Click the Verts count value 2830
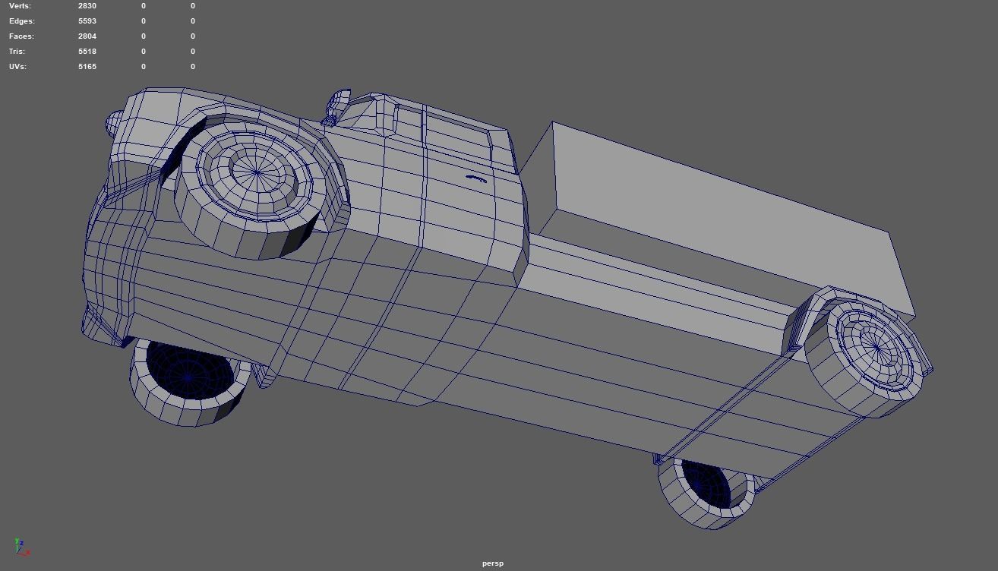click(87, 6)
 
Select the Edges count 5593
click(87, 21)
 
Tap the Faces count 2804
click(87, 36)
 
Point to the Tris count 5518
click(87, 52)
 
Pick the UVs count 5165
click(87, 67)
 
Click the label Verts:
click(21, 6)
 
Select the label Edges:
click(22, 21)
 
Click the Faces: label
click(21, 36)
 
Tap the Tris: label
click(17, 52)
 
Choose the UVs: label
click(17, 67)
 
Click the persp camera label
click(493, 563)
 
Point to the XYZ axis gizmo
click(21, 547)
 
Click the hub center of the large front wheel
click(257, 173)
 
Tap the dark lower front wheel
click(188, 375)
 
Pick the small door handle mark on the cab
click(476, 178)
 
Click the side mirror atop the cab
click(339, 103)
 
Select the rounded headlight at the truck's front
click(115, 123)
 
